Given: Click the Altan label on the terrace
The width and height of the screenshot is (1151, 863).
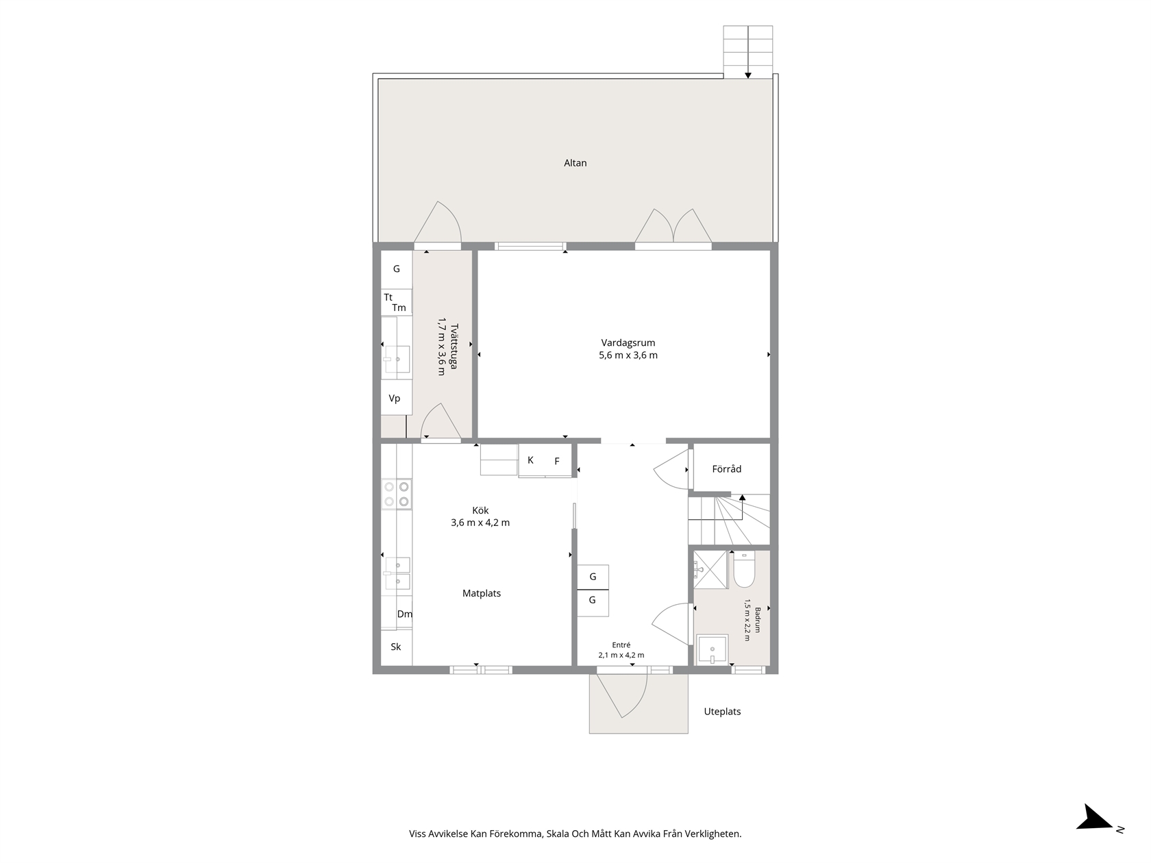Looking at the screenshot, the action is pyautogui.click(x=575, y=163).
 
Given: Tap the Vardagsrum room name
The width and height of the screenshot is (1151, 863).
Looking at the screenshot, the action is pyautogui.click(x=628, y=342).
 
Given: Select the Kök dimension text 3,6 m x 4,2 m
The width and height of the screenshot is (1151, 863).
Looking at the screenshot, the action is pyautogui.click(x=480, y=523).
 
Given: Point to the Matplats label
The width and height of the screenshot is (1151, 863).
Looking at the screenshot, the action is pyautogui.click(x=482, y=593).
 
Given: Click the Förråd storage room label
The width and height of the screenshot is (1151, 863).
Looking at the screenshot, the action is pyautogui.click(x=726, y=469).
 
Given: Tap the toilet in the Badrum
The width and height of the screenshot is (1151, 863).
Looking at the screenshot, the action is pyautogui.click(x=743, y=569).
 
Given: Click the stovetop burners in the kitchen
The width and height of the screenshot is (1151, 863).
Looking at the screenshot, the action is pyautogui.click(x=397, y=494).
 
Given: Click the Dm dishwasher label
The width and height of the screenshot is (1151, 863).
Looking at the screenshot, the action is pyautogui.click(x=404, y=614).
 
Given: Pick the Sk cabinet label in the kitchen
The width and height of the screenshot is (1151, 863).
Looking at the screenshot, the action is pyautogui.click(x=395, y=647).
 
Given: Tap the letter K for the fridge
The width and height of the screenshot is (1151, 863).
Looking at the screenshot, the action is pyautogui.click(x=530, y=460).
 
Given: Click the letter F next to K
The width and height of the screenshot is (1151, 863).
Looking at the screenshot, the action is pyautogui.click(x=557, y=461).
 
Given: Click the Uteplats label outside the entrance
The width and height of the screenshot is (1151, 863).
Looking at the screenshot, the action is pyautogui.click(x=722, y=712).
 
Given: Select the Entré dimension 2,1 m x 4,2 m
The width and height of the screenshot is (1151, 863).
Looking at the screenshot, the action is pyautogui.click(x=621, y=655).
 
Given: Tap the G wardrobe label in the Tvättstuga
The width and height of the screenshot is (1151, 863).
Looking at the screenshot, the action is pyautogui.click(x=397, y=268).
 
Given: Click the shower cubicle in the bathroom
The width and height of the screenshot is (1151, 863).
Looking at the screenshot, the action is pyautogui.click(x=710, y=570).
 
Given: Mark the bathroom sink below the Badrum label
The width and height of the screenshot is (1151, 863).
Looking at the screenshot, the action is pyautogui.click(x=712, y=650).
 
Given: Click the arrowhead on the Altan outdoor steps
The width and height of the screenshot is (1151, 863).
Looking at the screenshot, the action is pyautogui.click(x=747, y=75).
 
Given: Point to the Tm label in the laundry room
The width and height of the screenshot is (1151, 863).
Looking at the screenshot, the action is pyautogui.click(x=399, y=308).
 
